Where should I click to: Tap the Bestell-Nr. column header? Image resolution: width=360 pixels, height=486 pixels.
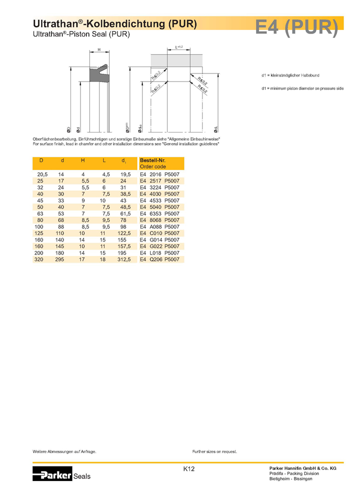[152, 160]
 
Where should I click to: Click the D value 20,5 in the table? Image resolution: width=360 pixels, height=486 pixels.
[42, 173]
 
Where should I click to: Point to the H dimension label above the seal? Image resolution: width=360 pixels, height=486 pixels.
[99, 49]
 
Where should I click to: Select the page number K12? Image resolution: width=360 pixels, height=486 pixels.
[188, 469]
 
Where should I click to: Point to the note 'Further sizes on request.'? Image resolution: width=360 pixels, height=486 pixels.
[214, 451]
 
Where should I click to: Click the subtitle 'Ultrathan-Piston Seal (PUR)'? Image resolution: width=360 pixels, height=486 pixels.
[81, 34]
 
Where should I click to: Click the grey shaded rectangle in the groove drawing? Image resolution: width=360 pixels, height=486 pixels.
[176, 60]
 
